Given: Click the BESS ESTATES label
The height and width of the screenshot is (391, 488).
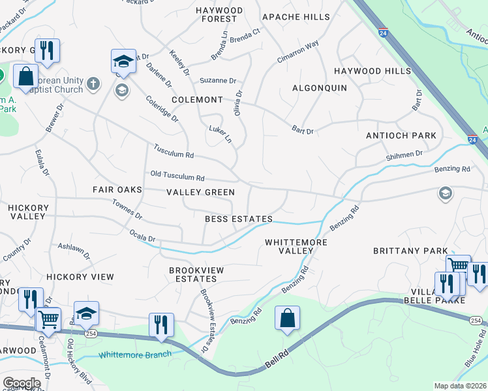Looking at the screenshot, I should pos(238,219).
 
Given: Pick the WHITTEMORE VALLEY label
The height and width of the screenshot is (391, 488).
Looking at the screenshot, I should pos(296,246).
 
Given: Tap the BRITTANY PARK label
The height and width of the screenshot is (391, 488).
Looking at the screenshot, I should pos(410,251).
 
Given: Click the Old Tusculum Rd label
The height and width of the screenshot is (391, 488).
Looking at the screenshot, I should pos(177,177).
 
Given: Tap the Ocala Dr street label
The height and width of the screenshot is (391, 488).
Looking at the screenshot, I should pos(142,237).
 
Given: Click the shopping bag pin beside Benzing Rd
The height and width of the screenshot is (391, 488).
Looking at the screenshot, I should pos(287,319).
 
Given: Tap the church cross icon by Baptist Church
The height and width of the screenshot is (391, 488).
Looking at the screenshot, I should pos(93,83).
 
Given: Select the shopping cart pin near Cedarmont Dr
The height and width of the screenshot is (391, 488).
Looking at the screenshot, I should pos(48,319).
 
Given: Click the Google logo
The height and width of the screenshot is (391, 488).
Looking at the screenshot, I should pos(22,383).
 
